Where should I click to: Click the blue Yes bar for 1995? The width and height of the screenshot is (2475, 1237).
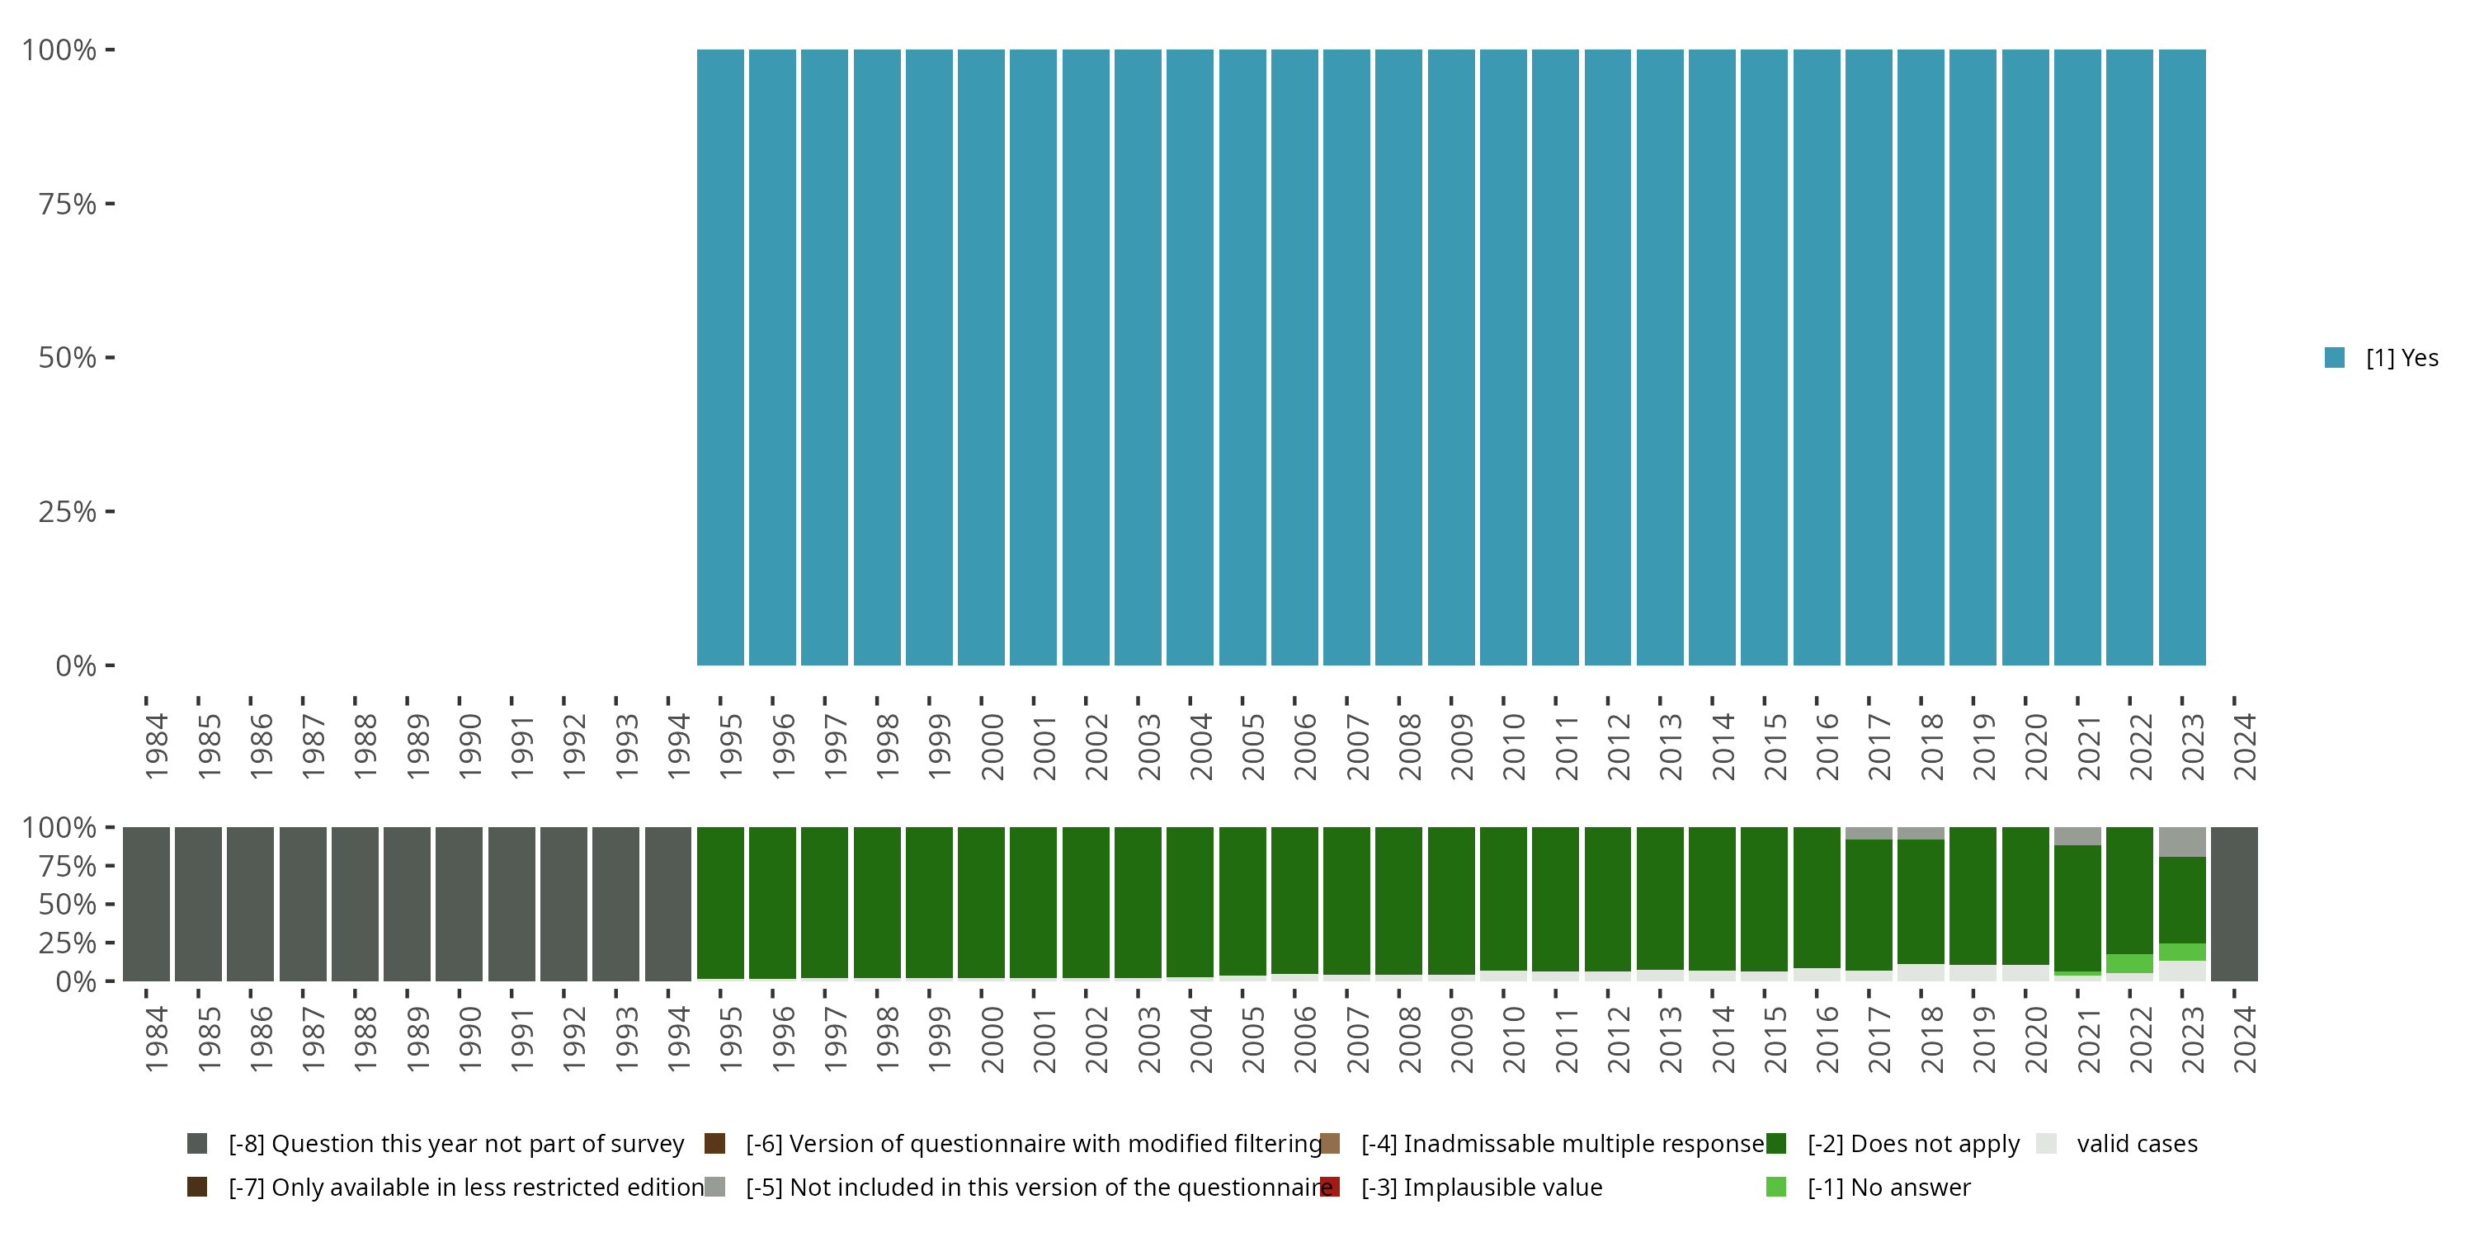coord(719,356)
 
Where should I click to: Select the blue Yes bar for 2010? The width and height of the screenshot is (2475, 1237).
coord(1502,356)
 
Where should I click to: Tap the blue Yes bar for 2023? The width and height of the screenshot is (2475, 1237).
coord(2181,356)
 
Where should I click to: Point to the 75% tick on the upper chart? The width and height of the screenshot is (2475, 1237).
coord(110,204)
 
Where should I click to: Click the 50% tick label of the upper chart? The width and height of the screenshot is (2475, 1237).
coord(68,358)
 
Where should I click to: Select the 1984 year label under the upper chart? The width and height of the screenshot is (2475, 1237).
coord(157,746)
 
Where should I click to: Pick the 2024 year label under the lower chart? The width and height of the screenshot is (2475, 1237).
coord(2244,1039)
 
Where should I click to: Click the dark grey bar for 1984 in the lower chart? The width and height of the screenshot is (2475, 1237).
coord(146,904)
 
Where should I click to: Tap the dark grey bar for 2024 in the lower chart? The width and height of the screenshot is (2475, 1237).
coord(2234,904)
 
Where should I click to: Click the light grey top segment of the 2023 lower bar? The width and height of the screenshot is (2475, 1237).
coord(2181,842)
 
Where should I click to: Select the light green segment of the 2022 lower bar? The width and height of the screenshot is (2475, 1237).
coord(2129,963)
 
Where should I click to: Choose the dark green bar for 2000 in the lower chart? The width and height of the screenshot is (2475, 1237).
coord(981,902)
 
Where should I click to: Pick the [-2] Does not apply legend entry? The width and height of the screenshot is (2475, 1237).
coord(1912,1144)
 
